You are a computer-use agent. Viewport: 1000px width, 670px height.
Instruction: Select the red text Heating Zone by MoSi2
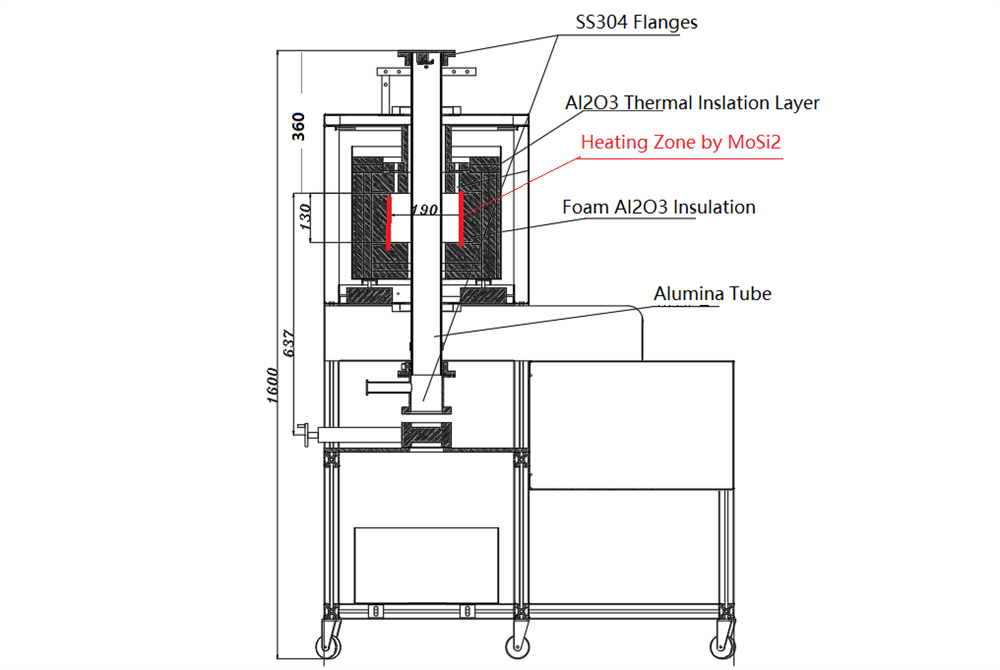pyautogui.click(x=680, y=143)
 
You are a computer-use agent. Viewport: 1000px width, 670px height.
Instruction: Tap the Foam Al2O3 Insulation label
pyautogui.click(x=658, y=208)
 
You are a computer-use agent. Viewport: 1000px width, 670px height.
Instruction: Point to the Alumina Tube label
pyautogui.click(x=712, y=294)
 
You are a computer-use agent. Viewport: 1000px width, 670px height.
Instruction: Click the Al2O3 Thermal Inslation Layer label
pyautogui.click(x=692, y=103)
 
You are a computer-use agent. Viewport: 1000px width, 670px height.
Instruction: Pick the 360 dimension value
pyautogui.click(x=298, y=126)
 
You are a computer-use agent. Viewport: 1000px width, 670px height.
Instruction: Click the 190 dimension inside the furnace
pyautogui.click(x=424, y=211)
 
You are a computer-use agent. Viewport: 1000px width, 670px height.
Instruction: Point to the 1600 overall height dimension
pyautogui.click(x=275, y=384)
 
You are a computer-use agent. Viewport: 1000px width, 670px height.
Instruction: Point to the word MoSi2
pyautogui.click(x=753, y=143)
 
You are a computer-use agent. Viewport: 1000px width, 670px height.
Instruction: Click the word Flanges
pyautogui.click(x=664, y=22)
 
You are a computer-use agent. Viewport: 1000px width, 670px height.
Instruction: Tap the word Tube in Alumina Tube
pyautogui.click(x=752, y=294)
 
